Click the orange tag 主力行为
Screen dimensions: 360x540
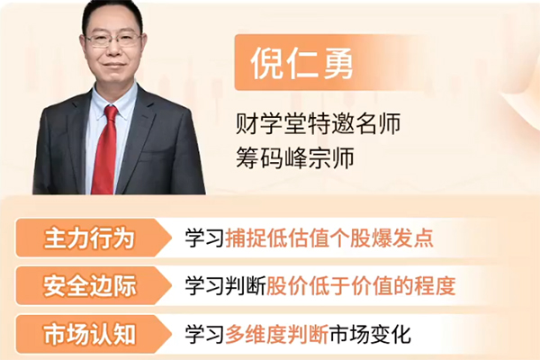(89, 238)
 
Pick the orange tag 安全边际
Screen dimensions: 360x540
(89, 287)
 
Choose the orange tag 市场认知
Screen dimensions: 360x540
(89, 335)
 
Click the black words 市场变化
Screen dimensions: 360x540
(373, 336)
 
